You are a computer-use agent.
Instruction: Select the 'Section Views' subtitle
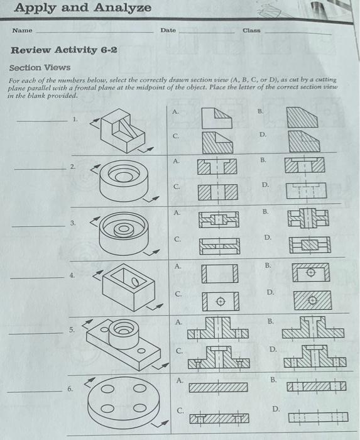(x=40, y=67)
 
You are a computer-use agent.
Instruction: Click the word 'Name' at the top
(x=22, y=30)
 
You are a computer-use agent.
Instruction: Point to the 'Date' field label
(x=168, y=30)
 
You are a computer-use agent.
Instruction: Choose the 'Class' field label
(x=251, y=30)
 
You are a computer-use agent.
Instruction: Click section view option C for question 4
(x=220, y=301)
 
